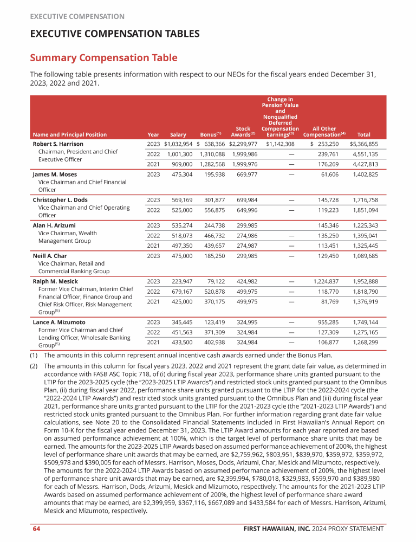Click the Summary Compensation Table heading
click(x=103, y=57)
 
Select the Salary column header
click(x=178, y=134)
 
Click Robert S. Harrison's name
click(x=57, y=144)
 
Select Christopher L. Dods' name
click(x=60, y=200)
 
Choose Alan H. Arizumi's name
click(x=54, y=225)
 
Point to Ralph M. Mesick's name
click(x=55, y=281)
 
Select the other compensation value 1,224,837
click(x=326, y=281)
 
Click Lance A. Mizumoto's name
click(x=59, y=322)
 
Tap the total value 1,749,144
click(x=365, y=322)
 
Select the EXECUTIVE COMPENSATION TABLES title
click(x=115, y=34)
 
